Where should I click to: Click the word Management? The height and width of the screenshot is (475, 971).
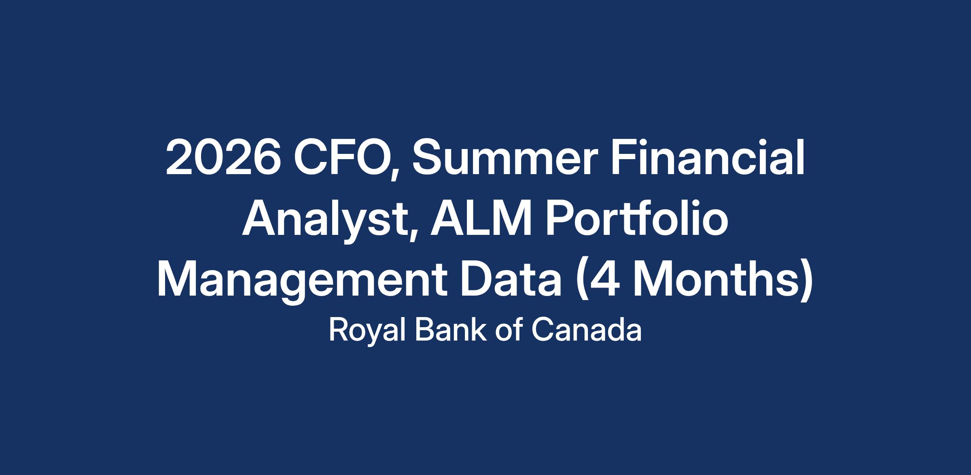pyautogui.click(x=301, y=283)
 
